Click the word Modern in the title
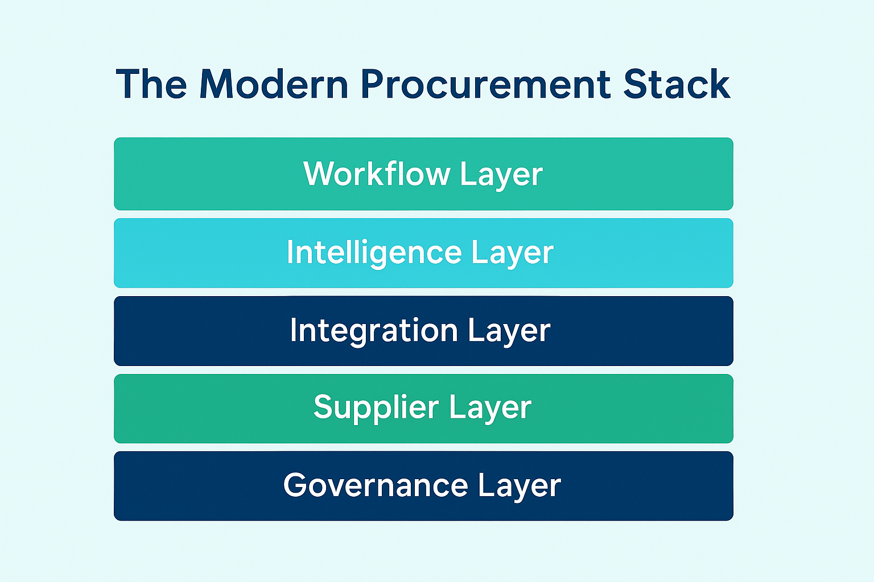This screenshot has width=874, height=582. point(274,85)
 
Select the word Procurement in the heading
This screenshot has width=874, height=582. point(485,85)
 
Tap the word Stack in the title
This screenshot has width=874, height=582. point(676,85)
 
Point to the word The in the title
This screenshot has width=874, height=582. point(151,85)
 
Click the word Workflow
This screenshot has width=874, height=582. point(377,173)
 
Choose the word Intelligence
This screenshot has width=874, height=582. point(373,252)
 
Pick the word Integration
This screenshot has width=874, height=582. point(374,330)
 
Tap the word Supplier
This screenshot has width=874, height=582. point(376,407)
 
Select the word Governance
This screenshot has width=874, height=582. point(376,485)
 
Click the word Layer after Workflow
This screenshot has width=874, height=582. point(501,174)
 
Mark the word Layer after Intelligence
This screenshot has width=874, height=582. point(512,253)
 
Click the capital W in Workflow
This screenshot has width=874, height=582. point(316,173)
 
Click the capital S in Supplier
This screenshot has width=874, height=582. point(323,407)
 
